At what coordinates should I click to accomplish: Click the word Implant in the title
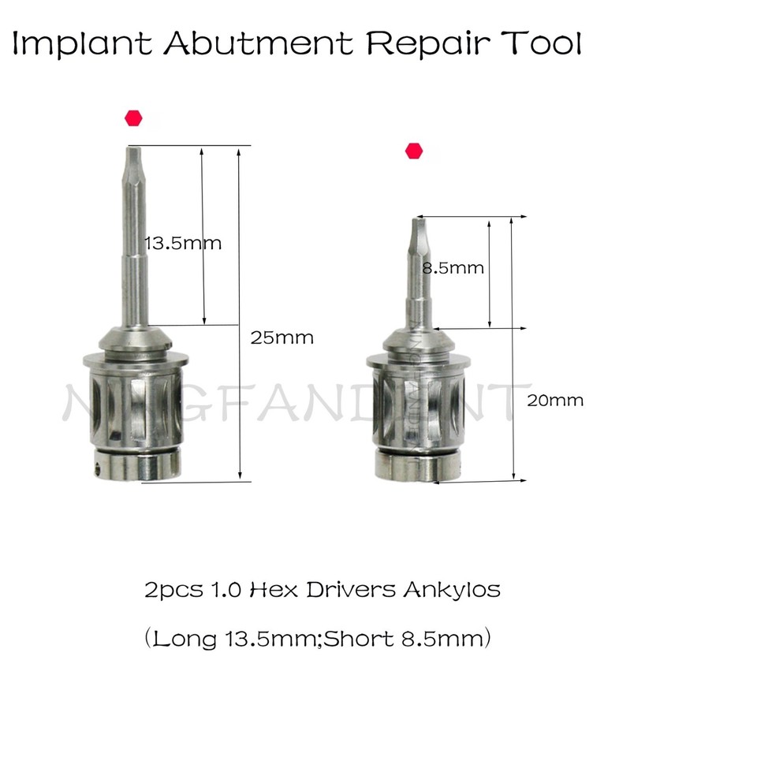[82, 44]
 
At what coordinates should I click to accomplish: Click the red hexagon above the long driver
[133, 118]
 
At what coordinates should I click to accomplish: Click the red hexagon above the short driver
[413, 151]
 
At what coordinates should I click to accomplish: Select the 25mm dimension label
[282, 338]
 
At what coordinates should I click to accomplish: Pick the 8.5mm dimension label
[453, 268]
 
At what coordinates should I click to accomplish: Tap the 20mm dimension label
[556, 401]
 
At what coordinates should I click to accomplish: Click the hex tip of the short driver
[417, 232]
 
